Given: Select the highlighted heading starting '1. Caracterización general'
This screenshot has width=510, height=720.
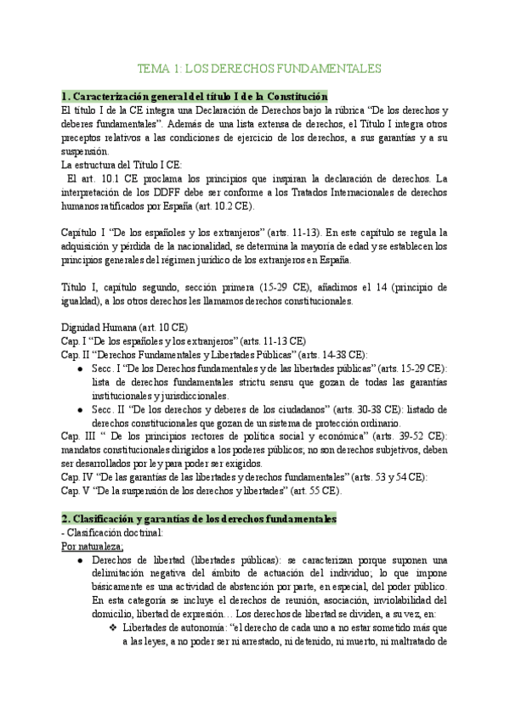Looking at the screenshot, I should pos(195,97).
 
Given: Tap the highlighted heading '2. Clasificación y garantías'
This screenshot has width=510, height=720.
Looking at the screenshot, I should pos(200,518).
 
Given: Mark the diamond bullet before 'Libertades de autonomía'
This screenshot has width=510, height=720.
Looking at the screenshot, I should pos(112,627).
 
